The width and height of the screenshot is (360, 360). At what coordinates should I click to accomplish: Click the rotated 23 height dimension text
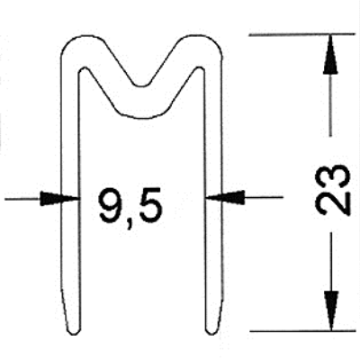333,190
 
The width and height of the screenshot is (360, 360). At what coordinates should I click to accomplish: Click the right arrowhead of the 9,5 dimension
225,197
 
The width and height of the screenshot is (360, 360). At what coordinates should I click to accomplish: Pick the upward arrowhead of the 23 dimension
330,55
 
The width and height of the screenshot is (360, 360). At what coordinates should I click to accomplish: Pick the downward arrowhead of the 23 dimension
330,311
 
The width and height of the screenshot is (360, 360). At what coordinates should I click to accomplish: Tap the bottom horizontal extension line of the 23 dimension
303,331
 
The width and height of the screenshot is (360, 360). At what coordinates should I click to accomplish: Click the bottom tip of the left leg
73,333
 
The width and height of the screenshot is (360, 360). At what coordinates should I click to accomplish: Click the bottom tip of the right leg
211,333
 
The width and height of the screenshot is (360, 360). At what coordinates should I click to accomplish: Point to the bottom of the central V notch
142,86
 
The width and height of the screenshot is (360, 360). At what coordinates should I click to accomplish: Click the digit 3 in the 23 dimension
333,176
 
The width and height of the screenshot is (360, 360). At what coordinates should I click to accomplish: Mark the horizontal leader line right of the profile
264,197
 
